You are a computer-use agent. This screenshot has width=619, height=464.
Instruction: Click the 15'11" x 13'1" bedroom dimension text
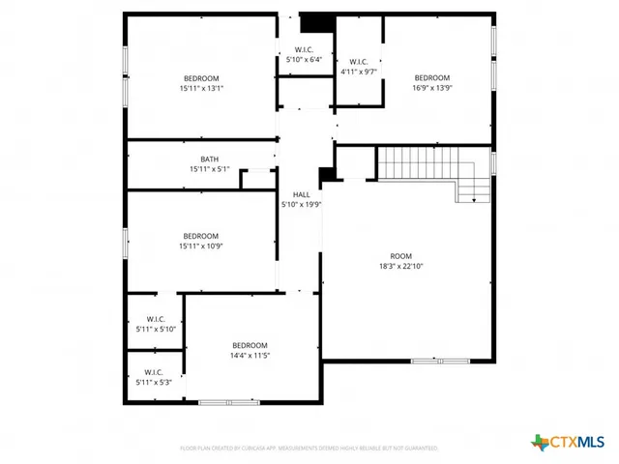201,88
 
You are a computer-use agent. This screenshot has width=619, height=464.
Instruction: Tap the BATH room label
209,159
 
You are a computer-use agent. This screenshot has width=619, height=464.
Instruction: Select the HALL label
301,194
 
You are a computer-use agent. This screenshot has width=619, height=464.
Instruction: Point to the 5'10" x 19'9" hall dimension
301,204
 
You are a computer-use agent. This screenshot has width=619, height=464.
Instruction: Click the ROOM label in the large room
400,255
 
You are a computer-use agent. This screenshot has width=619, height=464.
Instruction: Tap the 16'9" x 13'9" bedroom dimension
432,88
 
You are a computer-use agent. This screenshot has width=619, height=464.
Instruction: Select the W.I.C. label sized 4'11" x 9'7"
358,62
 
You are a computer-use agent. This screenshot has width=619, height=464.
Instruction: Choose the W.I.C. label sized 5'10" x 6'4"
304,50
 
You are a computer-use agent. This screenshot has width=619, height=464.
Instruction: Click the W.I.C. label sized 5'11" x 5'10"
156,319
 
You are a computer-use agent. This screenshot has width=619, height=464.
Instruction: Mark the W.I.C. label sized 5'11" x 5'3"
153,372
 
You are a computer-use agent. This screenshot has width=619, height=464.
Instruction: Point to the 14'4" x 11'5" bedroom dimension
250,356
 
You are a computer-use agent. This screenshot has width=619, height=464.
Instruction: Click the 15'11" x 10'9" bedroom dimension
201,246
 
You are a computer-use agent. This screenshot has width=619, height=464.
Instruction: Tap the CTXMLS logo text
577,442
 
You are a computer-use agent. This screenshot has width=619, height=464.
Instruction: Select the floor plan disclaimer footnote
309,448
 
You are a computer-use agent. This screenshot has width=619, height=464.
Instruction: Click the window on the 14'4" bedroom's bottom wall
228,401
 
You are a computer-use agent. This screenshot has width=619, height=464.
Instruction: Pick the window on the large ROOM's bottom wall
440,361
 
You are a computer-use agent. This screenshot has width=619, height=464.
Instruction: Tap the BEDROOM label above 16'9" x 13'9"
432,77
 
